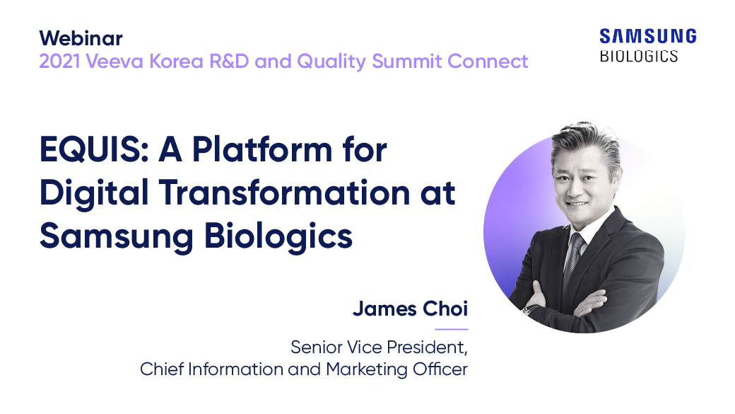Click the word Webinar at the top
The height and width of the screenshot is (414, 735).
pos(81,38)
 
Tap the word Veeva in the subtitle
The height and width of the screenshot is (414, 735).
pos(110,62)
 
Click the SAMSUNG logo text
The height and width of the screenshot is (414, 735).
pos(647,36)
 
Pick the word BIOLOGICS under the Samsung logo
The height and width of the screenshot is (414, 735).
pos(639,56)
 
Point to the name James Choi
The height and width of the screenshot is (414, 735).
pos(410,309)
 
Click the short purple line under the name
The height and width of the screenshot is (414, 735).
pos(451,329)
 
